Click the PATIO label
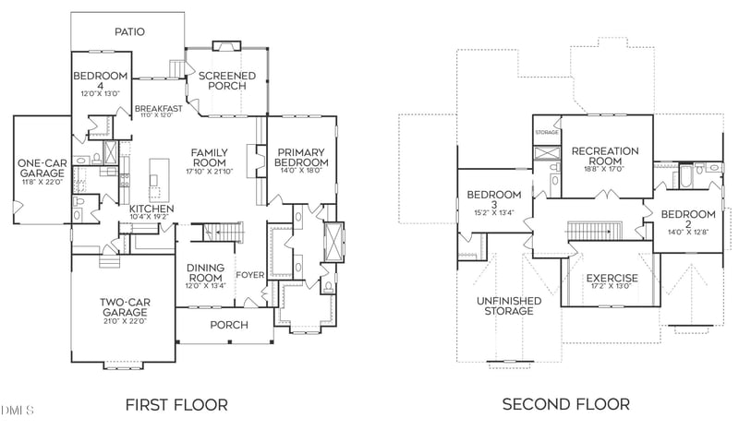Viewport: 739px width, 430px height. pyautogui.click(x=130, y=31)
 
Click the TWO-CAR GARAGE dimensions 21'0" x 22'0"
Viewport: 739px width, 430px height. pyautogui.click(x=125, y=320)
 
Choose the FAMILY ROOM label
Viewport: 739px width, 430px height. pyautogui.click(x=209, y=158)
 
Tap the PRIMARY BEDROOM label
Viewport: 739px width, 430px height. pyautogui.click(x=300, y=158)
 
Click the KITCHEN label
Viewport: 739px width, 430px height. pyautogui.click(x=151, y=209)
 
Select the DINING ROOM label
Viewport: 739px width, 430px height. pyautogui.click(x=205, y=272)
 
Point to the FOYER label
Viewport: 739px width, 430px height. pyautogui.click(x=250, y=274)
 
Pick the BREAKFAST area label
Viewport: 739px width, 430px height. pyautogui.click(x=155, y=108)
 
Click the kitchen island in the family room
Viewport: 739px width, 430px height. pyautogui.click(x=159, y=177)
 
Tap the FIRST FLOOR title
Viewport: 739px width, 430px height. pyautogui.click(x=176, y=404)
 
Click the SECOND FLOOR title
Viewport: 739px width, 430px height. pyautogui.click(x=565, y=404)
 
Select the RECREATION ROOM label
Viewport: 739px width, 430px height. pyautogui.click(x=605, y=156)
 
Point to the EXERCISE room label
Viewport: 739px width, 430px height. pyautogui.click(x=612, y=278)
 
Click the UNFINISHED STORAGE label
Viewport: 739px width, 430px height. pyautogui.click(x=504, y=305)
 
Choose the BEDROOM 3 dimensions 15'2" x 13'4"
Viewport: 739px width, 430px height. pyautogui.click(x=495, y=212)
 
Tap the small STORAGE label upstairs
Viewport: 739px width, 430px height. pyautogui.click(x=546, y=133)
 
